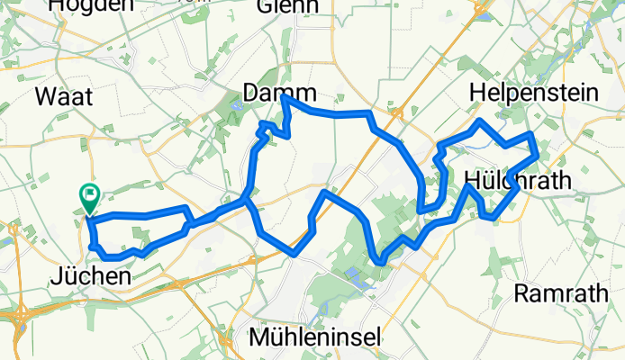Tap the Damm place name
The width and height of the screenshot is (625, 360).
[x=280, y=93]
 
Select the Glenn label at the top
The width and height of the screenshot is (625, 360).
[x=288, y=6]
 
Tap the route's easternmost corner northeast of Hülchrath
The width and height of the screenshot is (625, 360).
[x=538, y=155]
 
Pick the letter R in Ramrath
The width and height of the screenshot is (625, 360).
[x=520, y=292]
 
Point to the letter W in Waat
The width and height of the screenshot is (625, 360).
[x=41, y=98]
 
